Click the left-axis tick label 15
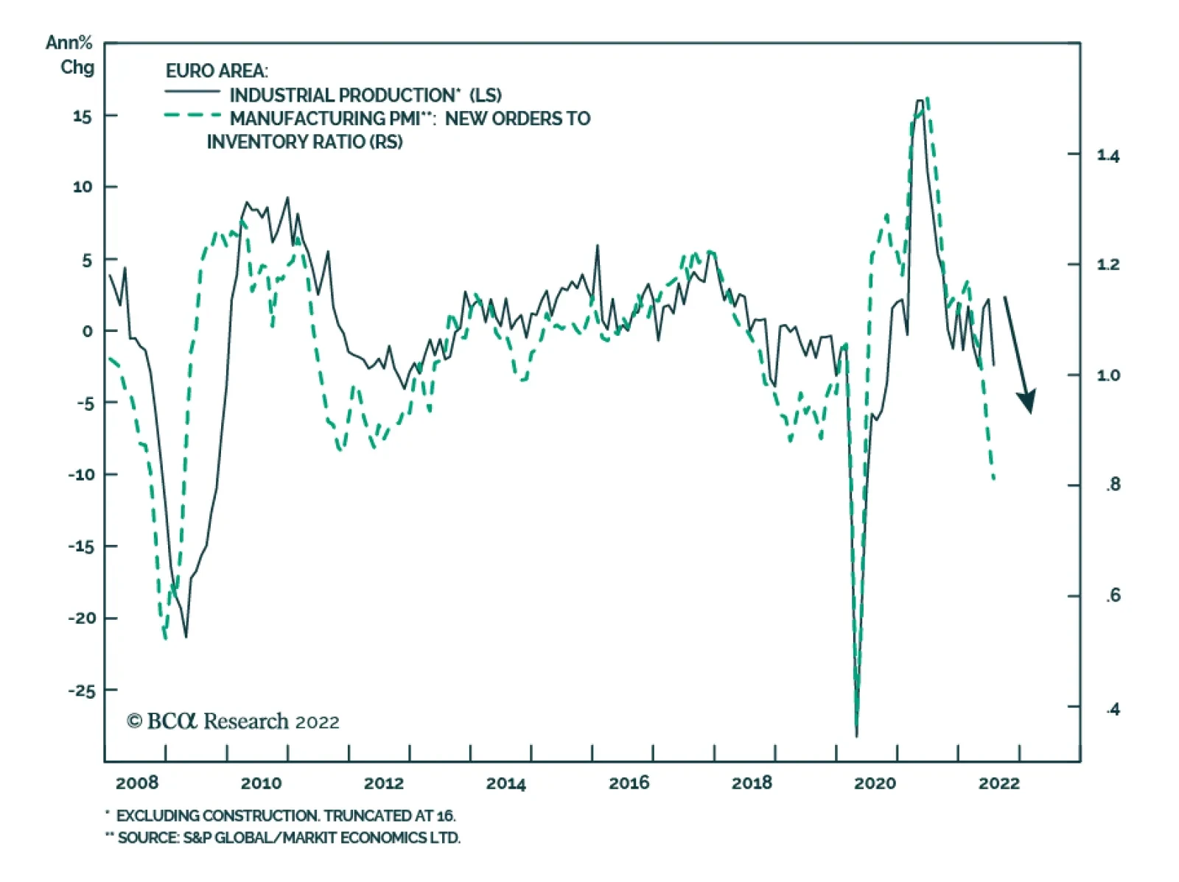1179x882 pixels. point(82,116)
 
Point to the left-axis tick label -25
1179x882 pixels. point(82,691)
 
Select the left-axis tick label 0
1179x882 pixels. point(88,331)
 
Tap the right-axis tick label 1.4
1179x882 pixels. point(1108,155)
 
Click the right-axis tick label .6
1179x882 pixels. point(1113,595)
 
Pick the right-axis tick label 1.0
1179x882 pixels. point(1108,375)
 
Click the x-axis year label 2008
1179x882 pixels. point(137,783)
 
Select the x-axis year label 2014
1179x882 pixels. point(505,783)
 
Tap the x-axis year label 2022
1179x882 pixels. point(998,783)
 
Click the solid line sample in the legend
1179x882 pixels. point(192,92)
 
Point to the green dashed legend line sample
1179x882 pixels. point(192,116)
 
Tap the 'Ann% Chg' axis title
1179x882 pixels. point(71,55)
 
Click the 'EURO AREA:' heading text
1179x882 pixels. point(217,71)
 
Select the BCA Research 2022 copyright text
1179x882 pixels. point(233,722)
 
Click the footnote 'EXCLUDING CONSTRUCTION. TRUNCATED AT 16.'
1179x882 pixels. point(285,816)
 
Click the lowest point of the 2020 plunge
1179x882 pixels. point(856,734)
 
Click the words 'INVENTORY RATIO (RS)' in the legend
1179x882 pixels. point(304,141)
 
